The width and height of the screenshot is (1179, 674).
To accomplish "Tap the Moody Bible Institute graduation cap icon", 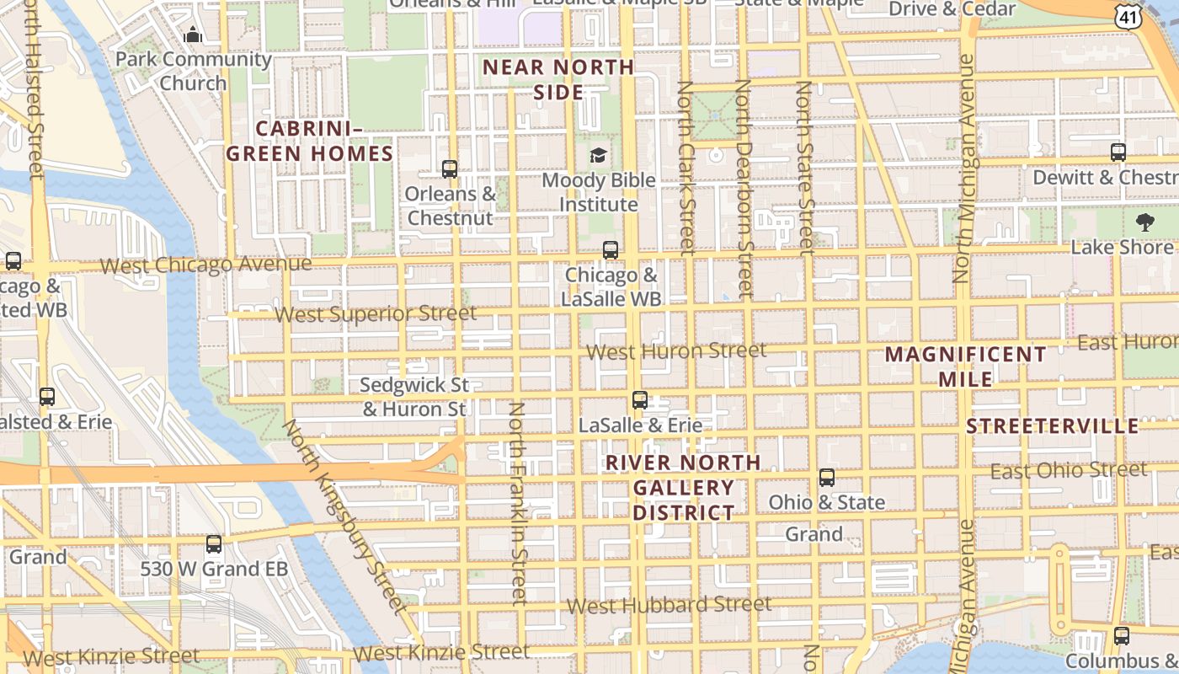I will [x=598, y=155].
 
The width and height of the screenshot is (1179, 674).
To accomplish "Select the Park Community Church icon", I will [x=193, y=35].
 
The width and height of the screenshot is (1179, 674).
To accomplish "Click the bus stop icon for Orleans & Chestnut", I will [x=450, y=169].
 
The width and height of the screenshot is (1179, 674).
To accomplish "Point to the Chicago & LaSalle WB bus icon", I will [x=611, y=250].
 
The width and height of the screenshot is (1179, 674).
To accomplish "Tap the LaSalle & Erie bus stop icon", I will [x=640, y=400].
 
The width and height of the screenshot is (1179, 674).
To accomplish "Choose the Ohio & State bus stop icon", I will [x=827, y=478].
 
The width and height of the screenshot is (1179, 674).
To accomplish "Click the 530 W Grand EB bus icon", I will [x=214, y=544].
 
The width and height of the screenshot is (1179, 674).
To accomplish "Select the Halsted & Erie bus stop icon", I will [x=47, y=397].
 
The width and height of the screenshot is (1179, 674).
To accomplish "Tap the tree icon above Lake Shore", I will [x=1144, y=222].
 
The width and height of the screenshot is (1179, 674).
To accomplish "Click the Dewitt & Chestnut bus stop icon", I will [x=1118, y=152].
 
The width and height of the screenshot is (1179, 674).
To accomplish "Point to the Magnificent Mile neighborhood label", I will [x=965, y=366].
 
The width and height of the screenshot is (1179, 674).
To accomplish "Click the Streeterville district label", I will [x=1052, y=425].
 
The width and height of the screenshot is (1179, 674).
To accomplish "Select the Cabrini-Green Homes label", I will [x=310, y=141].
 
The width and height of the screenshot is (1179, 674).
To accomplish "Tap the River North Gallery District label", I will [x=683, y=487].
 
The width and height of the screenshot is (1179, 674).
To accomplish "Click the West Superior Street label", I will [x=376, y=314].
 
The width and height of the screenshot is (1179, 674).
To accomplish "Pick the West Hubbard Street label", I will [x=669, y=605].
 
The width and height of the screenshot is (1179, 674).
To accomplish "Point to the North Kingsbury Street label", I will [x=344, y=515].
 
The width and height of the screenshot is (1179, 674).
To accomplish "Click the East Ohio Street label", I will [x=1068, y=471].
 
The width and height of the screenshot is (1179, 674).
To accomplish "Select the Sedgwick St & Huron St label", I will [x=414, y=397].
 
